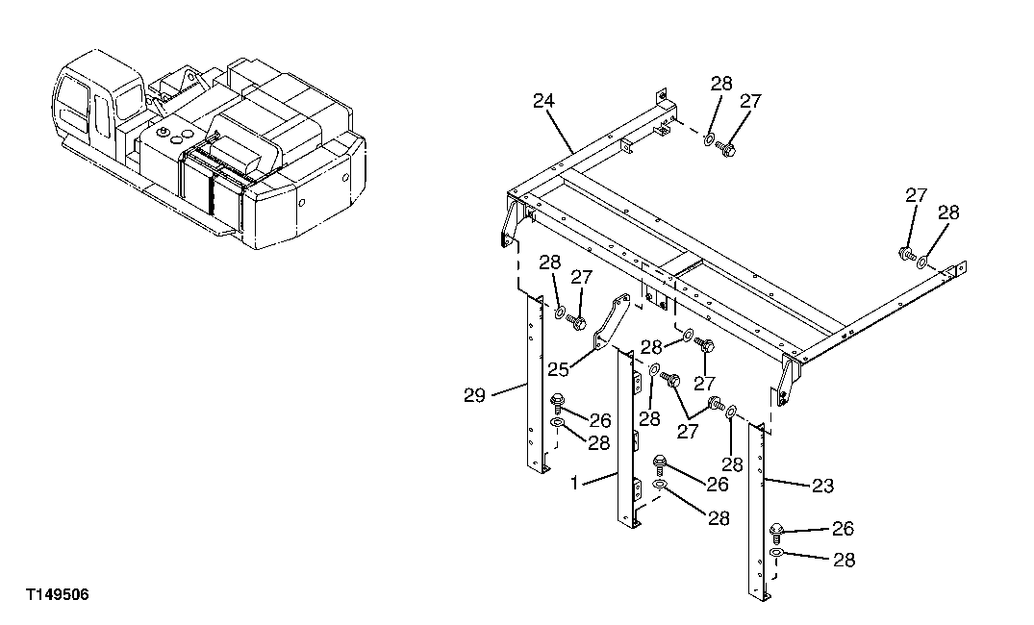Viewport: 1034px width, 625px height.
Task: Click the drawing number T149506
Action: coord(58,596)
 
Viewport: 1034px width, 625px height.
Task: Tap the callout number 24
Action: coord(544,99)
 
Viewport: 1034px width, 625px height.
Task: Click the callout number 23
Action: coord(821,487)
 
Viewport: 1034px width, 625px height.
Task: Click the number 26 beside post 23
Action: coord(843,528)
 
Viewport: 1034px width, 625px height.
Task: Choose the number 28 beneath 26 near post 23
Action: coord(843,560)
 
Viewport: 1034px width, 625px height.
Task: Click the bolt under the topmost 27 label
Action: coord(726,149)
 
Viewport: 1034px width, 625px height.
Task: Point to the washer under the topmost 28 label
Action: coord(707,141)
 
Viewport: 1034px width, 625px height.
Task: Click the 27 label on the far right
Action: coord(916,195)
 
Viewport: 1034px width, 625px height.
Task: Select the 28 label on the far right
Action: coord(948,212)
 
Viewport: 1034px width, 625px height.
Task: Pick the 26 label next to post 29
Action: coord(600,420)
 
